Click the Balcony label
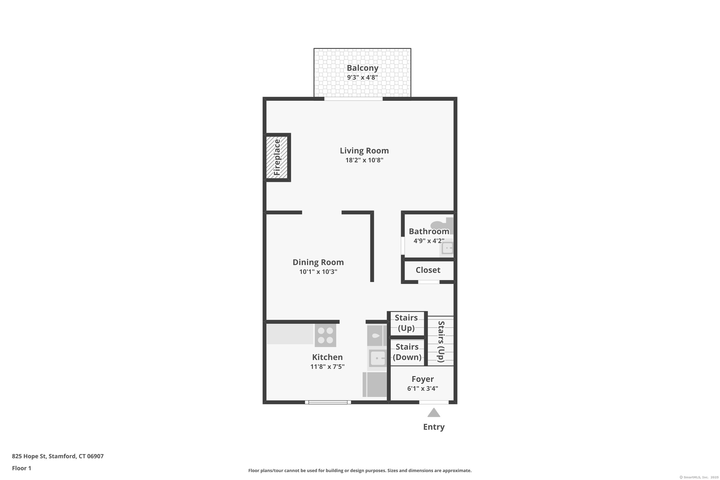(362, 68)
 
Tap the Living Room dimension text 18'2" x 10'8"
(364, 160)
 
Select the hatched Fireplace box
(277, 157)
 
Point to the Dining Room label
(318, 262)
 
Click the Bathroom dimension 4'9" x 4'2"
(429, 241)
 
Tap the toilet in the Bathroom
(442, 226)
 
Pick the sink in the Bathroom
(447, 248)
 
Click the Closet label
(428, 270)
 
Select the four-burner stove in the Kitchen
(325, 335)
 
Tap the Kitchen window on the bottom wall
(328, 402)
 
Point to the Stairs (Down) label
(407, 352)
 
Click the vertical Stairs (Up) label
(441, 341)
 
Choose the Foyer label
(422, 379)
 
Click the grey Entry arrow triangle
(434, 412)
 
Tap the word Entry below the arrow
(434, 427)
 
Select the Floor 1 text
(21, 468)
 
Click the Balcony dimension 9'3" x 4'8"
(362, 78)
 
